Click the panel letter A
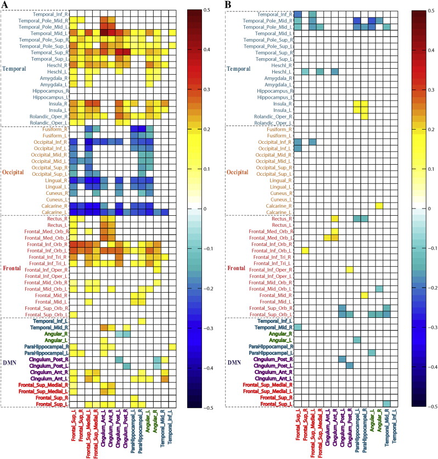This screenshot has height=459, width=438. pos(5,5)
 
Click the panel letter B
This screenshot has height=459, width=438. pos(229,5)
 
